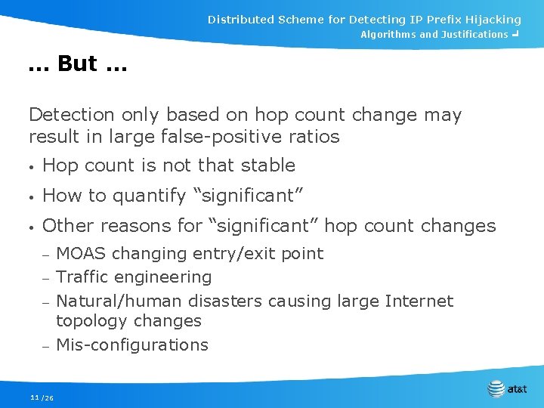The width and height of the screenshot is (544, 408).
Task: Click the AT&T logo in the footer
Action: pyautogui.click(x=507, y=389)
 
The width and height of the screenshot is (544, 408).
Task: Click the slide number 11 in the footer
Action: pyautogui.click(x=34, y=397)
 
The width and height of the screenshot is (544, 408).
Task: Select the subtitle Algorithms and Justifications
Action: pyautogui.click(x=434, y=35)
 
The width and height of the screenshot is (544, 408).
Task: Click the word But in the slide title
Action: pyautogui.click(x=76, y=64)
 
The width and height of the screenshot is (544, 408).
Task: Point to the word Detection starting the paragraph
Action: pyautogui.click(x=69, y=115)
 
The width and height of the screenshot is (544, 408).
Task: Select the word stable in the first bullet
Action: pyautogui.click(x=270, y=165)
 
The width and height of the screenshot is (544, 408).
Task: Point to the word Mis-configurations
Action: pyautogui.click(x=132, y=345)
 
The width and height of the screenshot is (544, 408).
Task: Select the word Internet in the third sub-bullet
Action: pyautogui.click(x=419, y=301)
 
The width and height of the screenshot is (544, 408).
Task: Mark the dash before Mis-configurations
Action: pyautogui.click(x=45, y=346)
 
